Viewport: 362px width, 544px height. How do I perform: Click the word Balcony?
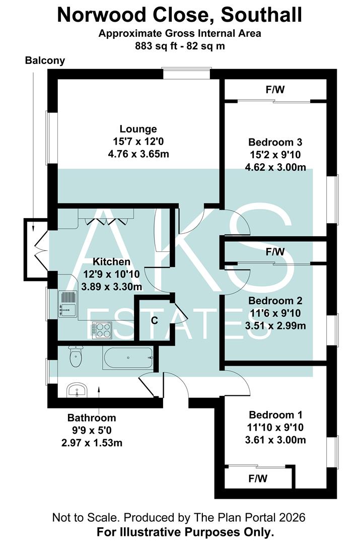45,61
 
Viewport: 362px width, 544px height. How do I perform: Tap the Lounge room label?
138,129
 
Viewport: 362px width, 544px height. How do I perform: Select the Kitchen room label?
112,262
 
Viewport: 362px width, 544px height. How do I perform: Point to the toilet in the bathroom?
76,357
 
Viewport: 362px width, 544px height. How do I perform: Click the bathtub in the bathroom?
128,358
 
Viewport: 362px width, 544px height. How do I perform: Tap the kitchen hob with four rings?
102,330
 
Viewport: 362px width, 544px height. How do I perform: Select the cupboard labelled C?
155,320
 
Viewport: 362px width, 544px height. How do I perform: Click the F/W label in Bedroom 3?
275,91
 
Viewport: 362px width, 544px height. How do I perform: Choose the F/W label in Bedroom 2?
275,251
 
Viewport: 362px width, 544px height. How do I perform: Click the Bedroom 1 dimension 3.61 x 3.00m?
275,440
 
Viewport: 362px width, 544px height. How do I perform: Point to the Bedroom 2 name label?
275,301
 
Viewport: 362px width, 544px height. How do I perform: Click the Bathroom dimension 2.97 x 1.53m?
92,443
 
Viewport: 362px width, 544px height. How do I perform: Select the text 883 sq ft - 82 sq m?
179,45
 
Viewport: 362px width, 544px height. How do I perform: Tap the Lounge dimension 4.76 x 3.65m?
138,154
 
